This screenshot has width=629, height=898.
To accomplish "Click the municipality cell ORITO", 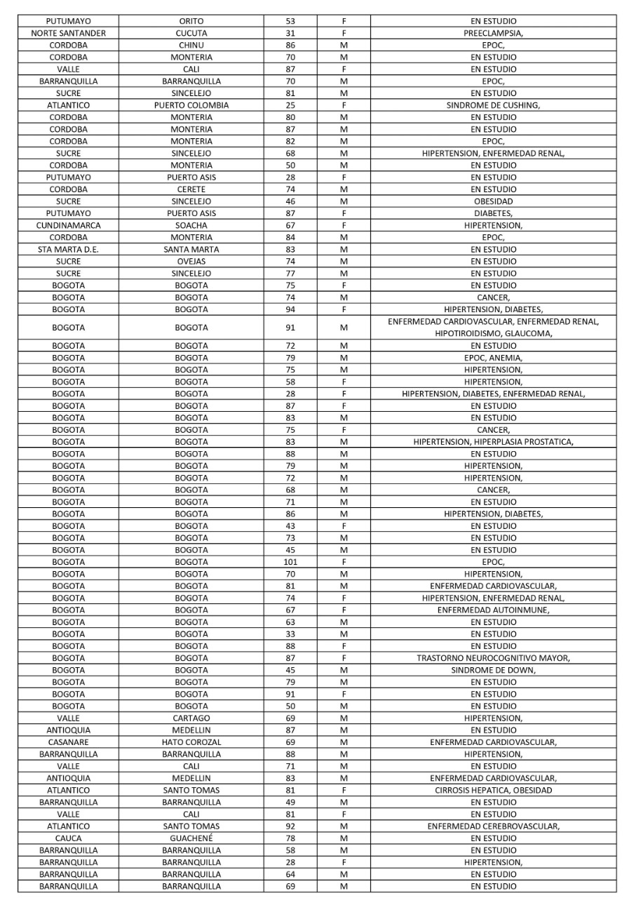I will coord(191,21).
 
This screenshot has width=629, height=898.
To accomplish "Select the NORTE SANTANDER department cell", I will coord(69,33).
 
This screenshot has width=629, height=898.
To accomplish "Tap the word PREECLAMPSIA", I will coord(492,33).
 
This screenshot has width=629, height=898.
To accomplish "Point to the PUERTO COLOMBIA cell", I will coord(191,105).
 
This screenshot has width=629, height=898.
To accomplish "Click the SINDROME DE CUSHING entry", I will coord(493,105).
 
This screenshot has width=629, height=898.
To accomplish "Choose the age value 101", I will coord(290,562).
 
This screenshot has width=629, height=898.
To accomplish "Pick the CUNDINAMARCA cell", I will coord(69,225).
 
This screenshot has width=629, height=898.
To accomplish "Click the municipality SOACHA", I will coord(191,225).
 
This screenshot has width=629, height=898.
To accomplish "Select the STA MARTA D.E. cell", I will coord(69,249).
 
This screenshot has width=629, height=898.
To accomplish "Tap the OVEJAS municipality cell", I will coord(191,261).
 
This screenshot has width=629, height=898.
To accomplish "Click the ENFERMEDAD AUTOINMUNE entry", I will coord(493,610).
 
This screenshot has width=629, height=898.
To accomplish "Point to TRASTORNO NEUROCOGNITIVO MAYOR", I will coord(493,658).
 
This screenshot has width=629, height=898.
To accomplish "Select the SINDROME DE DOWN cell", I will coord(493,670).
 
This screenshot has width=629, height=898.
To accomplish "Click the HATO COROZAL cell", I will coord(191,742).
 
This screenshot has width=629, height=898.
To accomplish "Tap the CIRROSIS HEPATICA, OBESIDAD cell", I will coord(493,790).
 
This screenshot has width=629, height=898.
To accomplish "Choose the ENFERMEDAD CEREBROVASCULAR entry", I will coord(493,826).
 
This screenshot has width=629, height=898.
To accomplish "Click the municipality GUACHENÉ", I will coord(191,838).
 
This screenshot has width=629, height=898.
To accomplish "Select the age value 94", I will coord(290,309).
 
